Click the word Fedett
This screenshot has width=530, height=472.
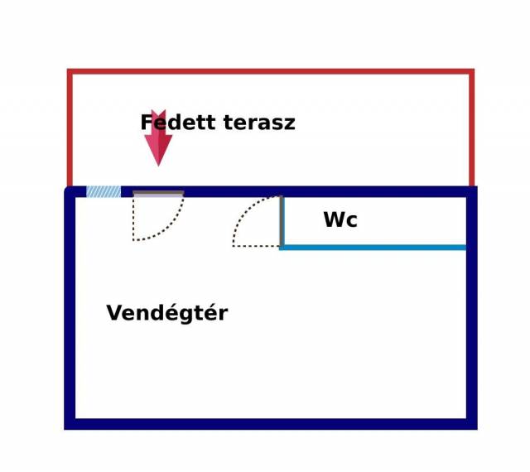pos(178,123)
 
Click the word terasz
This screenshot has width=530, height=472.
pos(259,123)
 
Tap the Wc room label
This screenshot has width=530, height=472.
pos(340,219)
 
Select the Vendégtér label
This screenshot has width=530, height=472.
pos(167,313)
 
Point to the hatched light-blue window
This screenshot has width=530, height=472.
pos(104,192)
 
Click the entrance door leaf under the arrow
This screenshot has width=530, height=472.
pos(158,194)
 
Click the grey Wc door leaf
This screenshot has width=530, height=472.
pos(282,221)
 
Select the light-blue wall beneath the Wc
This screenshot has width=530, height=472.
pos(373,248)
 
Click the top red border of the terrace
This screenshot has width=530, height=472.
pos(271,71)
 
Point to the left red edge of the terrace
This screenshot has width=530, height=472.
pos(70,128)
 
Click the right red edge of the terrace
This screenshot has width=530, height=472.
pos(471,128)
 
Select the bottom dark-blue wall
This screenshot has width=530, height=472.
pos(271,424)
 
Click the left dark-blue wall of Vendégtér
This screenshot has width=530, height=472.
pos(70,308)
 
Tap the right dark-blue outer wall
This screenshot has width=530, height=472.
pos(472,308)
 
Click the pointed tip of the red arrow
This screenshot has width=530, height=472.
pos(158,166)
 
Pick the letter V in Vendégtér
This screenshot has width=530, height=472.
pos(115,313)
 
